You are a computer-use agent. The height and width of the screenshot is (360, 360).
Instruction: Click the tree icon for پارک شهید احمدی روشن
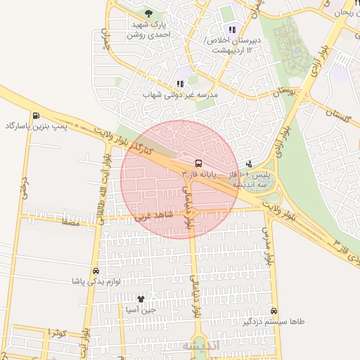tap(148, 13)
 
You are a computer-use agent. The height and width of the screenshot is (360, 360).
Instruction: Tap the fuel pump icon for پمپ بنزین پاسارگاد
tap(35, 116)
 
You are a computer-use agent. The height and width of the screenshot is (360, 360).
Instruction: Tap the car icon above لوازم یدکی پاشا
tap(96, 271)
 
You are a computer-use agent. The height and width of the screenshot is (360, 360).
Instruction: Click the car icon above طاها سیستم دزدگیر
tap(274, 311)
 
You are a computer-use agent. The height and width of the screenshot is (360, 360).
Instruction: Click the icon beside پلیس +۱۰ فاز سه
tap(248, 163)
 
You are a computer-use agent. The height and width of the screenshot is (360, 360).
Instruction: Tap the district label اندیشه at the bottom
tap(202, 347)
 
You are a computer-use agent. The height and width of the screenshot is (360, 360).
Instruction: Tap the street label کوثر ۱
tap(58, 332)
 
